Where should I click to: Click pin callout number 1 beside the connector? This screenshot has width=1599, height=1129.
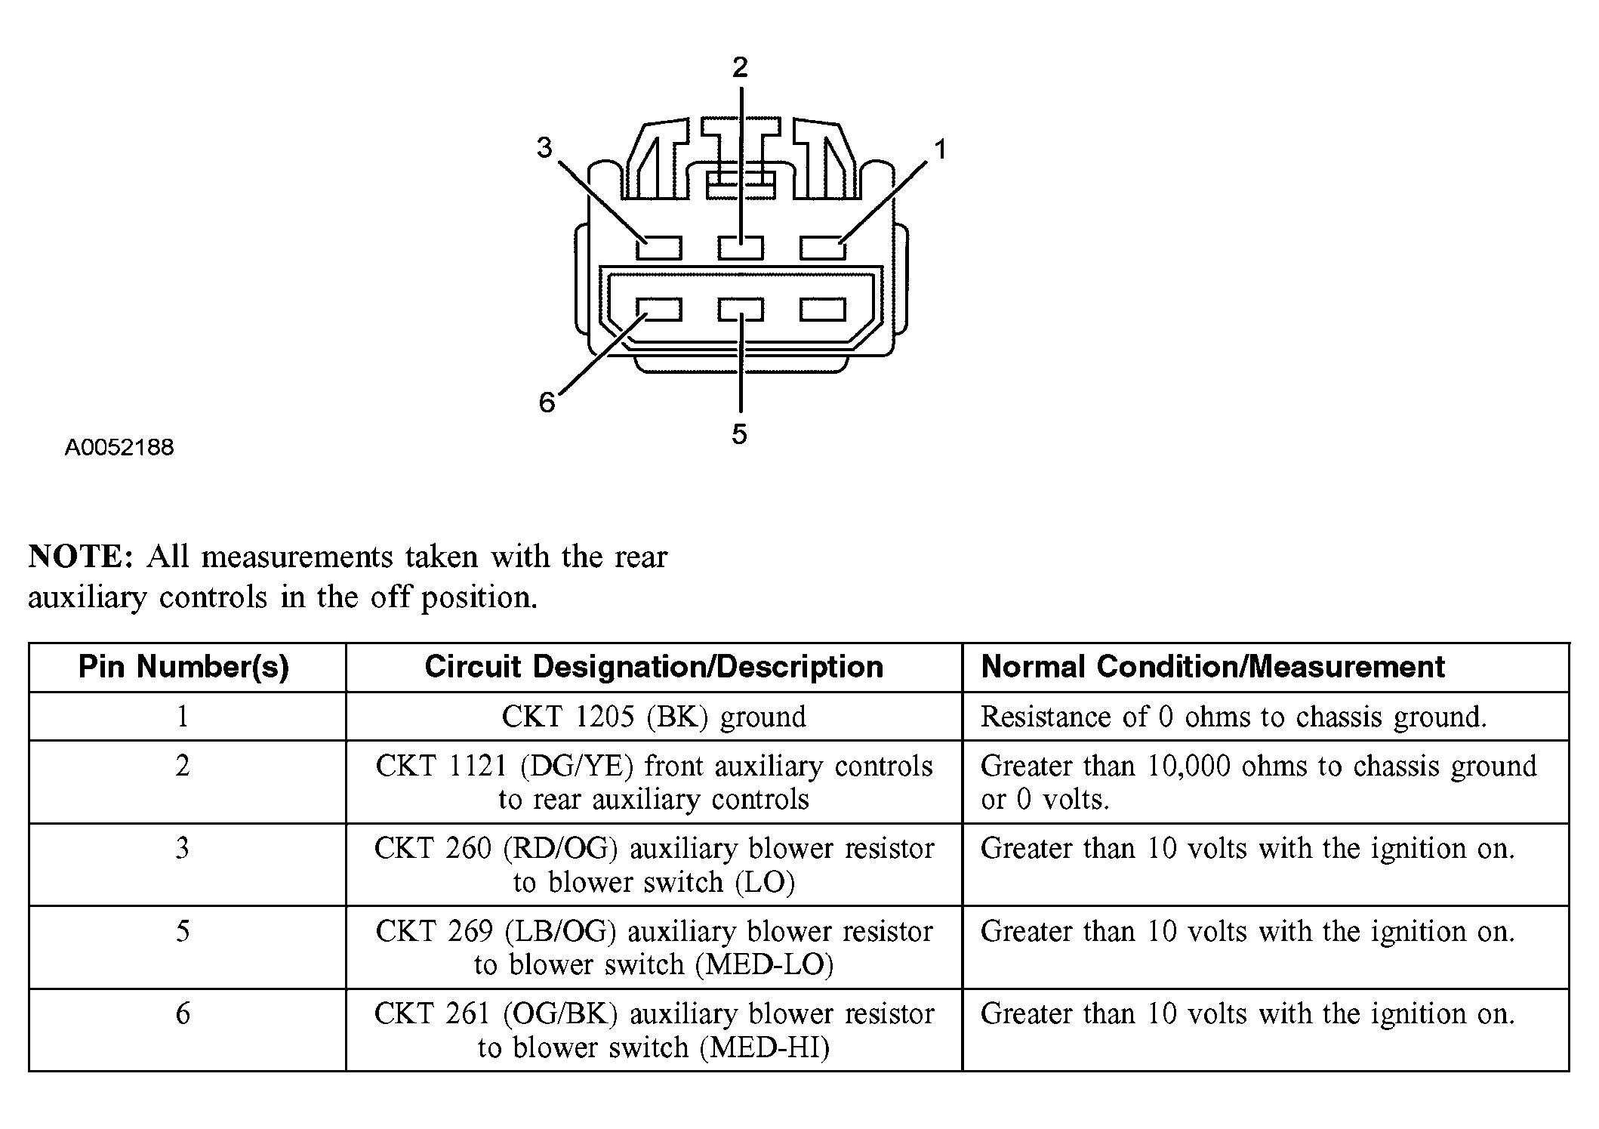[x=940, y=150]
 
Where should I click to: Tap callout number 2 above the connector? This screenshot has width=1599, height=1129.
[x=740, y=68]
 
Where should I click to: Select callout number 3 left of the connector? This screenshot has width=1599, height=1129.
[x=544, y=147]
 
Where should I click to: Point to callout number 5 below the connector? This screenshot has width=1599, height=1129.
[x=739, y=434]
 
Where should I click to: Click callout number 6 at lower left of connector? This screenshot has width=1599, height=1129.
[x=547, y=403]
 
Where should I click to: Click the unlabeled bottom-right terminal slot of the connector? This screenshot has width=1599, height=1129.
[x=823, y=309]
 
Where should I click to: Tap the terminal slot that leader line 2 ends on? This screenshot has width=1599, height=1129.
[x=741, y=248]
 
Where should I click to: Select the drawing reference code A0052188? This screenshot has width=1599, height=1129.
[x=119, y=448]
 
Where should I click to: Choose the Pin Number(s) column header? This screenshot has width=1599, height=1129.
[x=184, y=668]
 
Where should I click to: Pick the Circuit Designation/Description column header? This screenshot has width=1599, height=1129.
[x=654, y=667]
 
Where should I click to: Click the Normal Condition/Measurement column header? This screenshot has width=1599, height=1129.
[x=1212, y=667]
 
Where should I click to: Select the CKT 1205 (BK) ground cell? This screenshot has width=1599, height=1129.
[x=654, y=717]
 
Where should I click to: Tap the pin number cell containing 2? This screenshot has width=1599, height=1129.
[x=183, y=782]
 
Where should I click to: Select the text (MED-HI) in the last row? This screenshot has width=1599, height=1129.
[x=764, y=1047]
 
